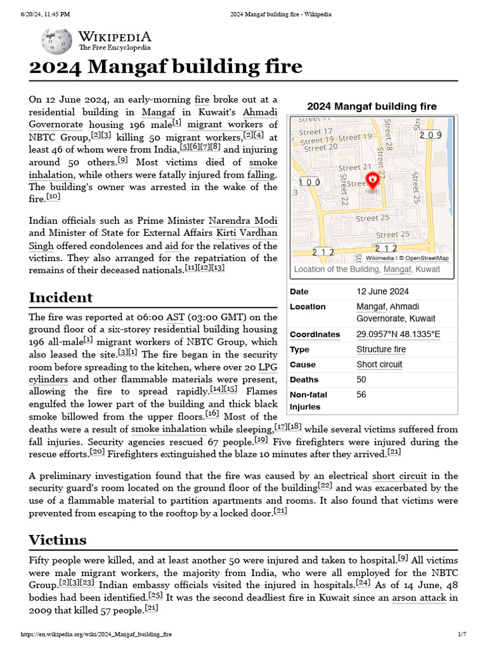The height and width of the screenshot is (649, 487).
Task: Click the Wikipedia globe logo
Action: pyautogui.click(x=56, y=41)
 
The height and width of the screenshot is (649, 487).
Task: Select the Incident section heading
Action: pyautogui.click(x=61, y=297)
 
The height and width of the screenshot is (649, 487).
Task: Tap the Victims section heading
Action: pyautogui.click(x=58, y=539)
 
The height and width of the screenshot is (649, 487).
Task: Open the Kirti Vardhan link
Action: pyautogui.click(x=247, y=233)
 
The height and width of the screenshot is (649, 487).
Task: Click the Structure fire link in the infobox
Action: pyautogui.click(x=381, y=349)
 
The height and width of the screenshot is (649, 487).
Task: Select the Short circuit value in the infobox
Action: pyautogui.click(x=379, y=364)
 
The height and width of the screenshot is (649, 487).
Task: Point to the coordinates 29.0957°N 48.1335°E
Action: pyautogui.click(x=398, y=334)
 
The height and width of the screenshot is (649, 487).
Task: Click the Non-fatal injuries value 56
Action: pyautogui.click(x=361, y=395)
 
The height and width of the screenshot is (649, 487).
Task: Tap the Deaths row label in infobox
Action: pyautogui.click(x=304, y=380)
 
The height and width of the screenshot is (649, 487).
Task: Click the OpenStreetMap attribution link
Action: pyautogui.click(x=427, y=258)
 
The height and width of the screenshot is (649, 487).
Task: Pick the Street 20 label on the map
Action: pyautogui.click(x=320, y=148)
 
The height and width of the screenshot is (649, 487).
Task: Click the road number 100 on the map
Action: pyautogui.click(x=309, y=183)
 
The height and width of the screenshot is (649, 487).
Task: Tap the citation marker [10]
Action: pyautogui.click(x=53, y=196)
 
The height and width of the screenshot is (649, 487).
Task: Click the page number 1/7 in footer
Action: pyautogui.click(x=462, y=634)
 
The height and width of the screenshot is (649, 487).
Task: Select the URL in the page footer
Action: pyautogui.click(x=96, y=634)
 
